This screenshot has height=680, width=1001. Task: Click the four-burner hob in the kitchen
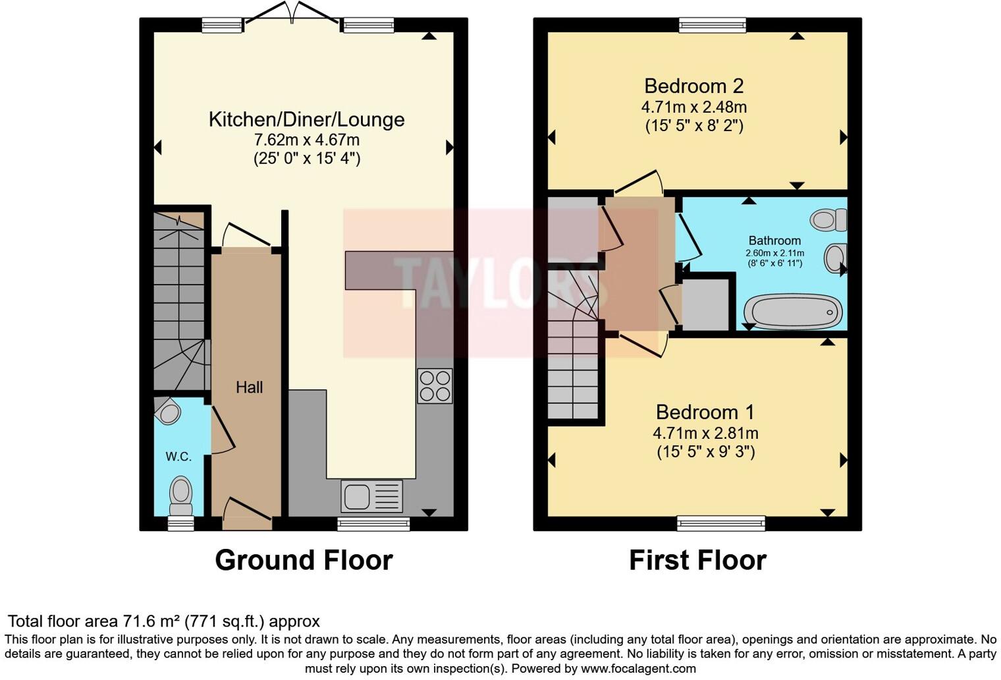(435, 386)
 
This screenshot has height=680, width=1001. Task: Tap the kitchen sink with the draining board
(371, 496)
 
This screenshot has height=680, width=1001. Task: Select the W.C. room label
(178, 457)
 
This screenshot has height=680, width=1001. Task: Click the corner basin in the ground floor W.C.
(169, 412)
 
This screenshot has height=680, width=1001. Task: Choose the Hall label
(249, 387)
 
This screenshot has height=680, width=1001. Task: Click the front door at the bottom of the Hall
(246, 514)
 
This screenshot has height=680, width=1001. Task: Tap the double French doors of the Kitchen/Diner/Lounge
(293, 16)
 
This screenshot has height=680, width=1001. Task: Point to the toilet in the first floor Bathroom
(828, 219)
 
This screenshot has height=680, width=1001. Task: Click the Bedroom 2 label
(693, 86)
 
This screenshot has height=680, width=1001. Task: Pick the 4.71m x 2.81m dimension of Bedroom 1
(705, 434)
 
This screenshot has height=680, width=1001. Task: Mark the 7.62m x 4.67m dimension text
(306, 140)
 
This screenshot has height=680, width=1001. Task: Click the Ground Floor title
(304, 560)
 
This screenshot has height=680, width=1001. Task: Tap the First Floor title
(697, 560)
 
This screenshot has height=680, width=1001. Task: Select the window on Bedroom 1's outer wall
(721, 524)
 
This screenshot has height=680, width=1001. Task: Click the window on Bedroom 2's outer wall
(713, 25)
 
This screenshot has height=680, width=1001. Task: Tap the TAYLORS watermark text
(500, 283)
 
